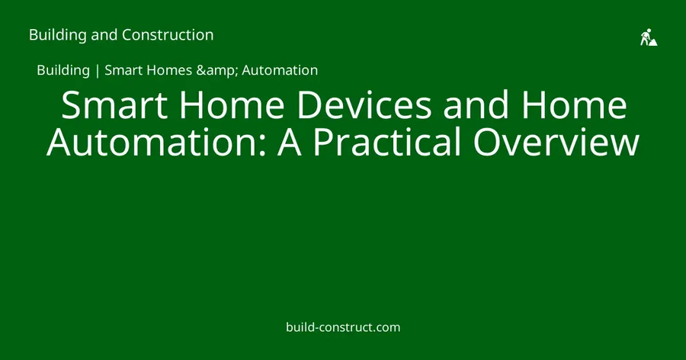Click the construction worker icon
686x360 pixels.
click(x=649, y=37)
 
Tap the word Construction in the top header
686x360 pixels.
click(x=168, y=34)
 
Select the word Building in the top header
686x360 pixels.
click(x=58, y=35)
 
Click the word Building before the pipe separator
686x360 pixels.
click(x=63, y=70)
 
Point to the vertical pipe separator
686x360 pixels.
click(x=97, y=70)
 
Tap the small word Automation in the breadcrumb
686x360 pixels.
click(x=280, y=70)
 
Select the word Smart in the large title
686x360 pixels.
click(x=114, y=104)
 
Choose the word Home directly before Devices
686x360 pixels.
click(x=232, y=104)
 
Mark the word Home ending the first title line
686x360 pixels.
click(x=575, y=104)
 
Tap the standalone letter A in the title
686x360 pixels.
click(x=289, y=142)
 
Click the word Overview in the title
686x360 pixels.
click(x=556, y=142)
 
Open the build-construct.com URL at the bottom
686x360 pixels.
click(x=343, y=327)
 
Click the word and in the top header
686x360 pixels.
click(x=104, y=35)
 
